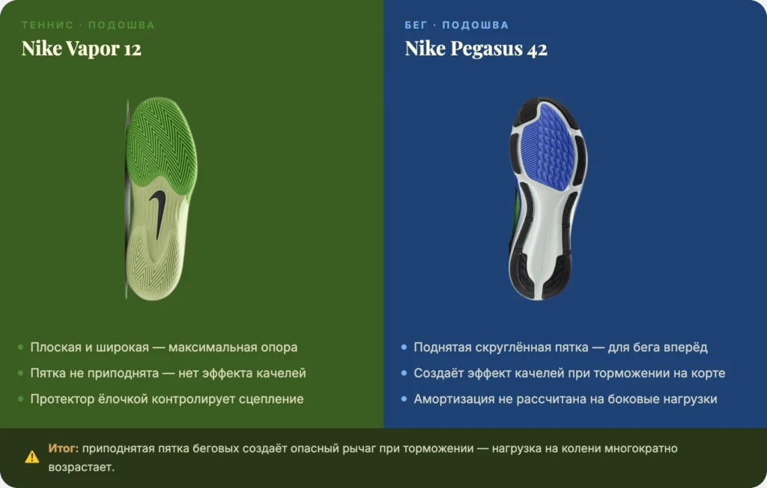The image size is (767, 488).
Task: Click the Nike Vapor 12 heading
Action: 81,49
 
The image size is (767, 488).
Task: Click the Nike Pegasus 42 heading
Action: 476,49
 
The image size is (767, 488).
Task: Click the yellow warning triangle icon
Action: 31,457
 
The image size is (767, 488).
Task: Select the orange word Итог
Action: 63,448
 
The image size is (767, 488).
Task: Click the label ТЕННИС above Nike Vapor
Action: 47,25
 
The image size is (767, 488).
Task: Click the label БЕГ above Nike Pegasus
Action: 416,25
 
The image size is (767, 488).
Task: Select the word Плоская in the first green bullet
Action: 55,347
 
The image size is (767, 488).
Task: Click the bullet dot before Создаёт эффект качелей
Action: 404,373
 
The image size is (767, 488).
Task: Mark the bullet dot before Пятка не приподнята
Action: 20,373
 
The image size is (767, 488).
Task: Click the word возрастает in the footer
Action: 81,467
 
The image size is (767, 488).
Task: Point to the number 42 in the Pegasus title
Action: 537,49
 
